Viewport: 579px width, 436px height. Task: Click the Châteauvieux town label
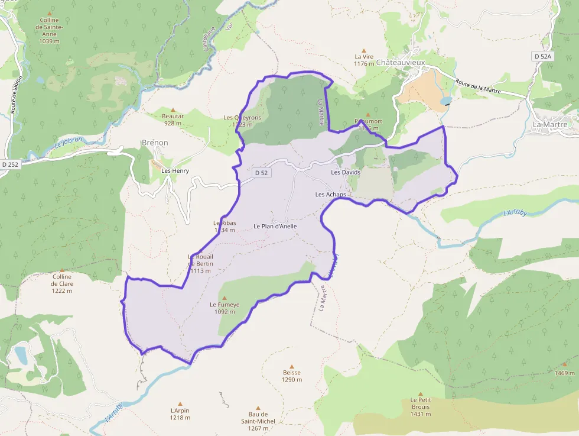[x=401, y=62]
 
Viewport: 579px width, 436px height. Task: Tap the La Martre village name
[x=549, y=124]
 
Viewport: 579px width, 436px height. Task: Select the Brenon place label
[x=155, y=143]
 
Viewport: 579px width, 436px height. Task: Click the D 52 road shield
[x=261, y=173]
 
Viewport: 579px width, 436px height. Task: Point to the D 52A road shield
[x=542, y=56]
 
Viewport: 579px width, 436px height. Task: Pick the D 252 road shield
[x=11, y=164]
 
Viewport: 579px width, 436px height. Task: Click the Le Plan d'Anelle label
[x=275, y=226]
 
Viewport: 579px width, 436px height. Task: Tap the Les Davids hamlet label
[x=346, y=172]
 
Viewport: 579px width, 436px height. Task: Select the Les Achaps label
[x=330, y=194]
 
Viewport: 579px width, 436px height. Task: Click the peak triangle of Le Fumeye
[x=225, y=298]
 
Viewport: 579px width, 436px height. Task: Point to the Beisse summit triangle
[x=291, y=366]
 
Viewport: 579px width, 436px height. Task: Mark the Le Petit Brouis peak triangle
[x=421, y=393]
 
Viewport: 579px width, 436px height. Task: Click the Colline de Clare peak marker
[x=61, y=270]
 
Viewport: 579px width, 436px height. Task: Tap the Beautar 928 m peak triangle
[x=173, y=109]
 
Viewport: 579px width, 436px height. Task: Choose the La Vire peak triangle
[x=364, y=50]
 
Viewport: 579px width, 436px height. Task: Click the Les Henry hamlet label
[x=175, y=170]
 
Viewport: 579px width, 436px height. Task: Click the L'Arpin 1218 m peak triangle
[x=180, y=403]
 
